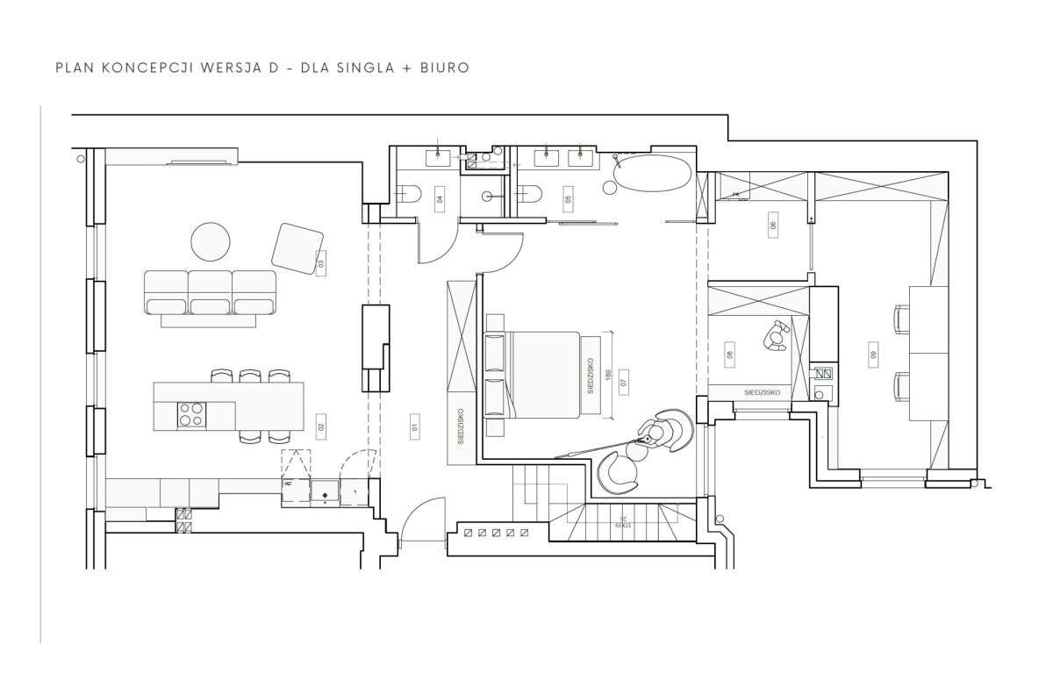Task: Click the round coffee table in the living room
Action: (211, 242)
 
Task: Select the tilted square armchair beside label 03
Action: (298, 247)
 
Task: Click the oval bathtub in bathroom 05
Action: (652, 175)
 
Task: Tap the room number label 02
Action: (321, 427)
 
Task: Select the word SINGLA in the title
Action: (357, 67)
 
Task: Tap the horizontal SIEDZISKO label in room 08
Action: (761, 392)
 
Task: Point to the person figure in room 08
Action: (777, 336)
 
